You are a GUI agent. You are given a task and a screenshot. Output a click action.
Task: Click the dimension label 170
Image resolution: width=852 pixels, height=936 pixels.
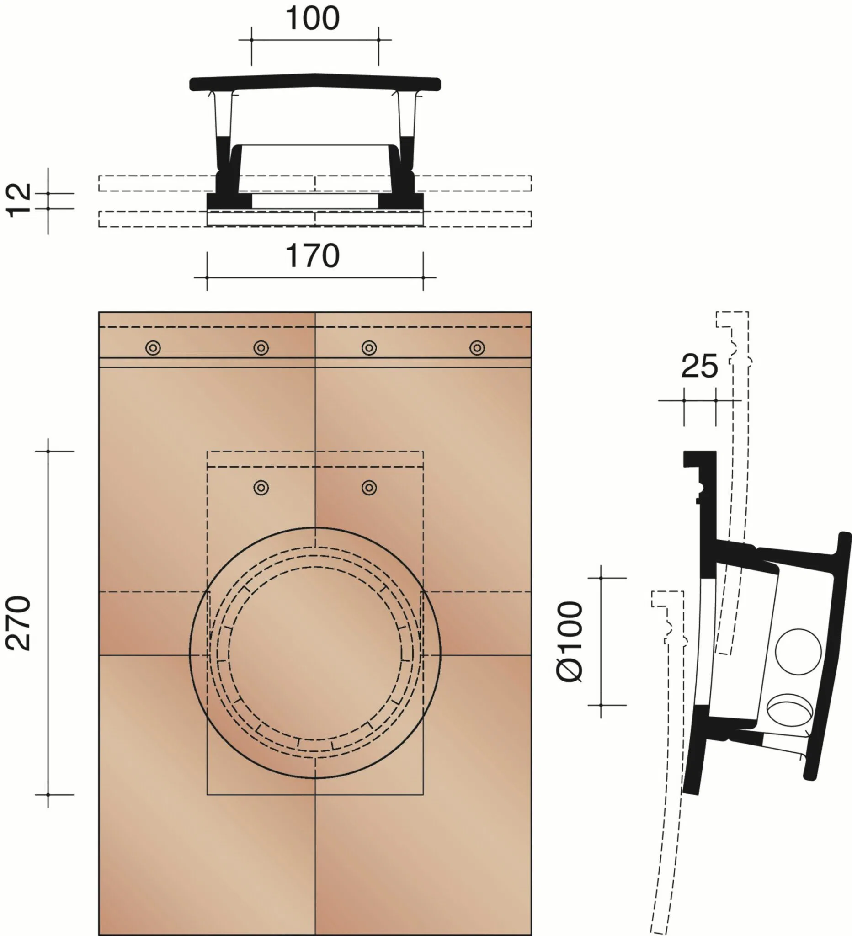coord(313,256)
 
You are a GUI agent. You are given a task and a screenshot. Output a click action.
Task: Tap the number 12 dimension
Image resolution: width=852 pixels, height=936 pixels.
coord(19,200)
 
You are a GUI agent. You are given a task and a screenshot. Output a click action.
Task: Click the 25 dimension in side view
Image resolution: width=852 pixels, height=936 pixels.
coord(699,367)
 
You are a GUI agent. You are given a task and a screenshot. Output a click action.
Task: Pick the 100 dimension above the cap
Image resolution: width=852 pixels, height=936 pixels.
coord(313,19)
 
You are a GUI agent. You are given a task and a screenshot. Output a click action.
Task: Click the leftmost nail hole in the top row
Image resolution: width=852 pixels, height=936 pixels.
coord(153,348)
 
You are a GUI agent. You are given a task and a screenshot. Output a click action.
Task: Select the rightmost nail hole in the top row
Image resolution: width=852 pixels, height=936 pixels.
coord(477,348)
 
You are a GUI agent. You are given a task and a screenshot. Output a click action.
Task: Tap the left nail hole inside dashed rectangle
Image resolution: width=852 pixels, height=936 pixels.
coord(261,488)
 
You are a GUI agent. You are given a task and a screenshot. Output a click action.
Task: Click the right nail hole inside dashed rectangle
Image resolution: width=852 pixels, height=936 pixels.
coord(369,488)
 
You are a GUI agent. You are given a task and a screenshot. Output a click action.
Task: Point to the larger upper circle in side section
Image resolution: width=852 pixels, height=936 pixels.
coord(798,652)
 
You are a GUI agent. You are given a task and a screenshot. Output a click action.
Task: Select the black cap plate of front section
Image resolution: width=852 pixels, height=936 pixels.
coord(315,82)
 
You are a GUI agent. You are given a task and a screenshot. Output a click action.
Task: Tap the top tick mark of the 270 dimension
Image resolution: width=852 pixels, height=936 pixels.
coord(48,451)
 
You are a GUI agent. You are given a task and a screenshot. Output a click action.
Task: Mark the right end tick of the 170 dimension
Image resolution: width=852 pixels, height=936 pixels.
coord(423,277)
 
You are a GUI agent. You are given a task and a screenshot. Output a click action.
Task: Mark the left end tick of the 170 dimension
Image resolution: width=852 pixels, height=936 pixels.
coord(207,277)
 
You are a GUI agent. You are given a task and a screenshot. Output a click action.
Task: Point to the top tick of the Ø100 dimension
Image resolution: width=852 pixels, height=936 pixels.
coord(601,578)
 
